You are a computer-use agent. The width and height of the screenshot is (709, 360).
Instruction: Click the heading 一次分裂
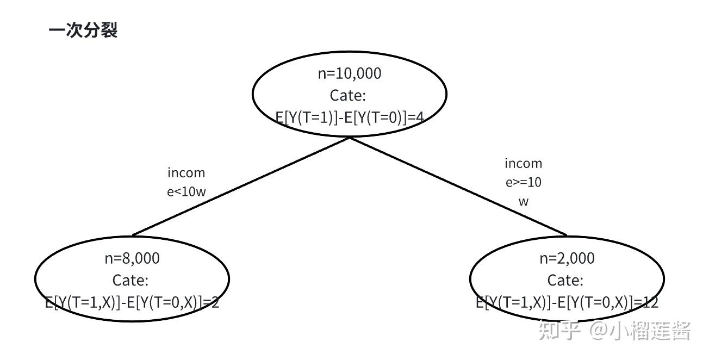coord(83,30)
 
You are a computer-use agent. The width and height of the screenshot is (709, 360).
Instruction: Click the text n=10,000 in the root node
coord(350,73)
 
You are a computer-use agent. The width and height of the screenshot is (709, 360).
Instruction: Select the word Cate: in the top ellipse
coord(348,96)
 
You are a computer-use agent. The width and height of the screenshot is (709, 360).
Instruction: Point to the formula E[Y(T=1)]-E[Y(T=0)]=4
coord(350,117)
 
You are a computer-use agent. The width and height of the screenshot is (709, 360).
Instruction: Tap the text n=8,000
coord(132,258)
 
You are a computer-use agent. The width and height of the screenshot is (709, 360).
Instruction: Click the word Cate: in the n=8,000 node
coord(130,280)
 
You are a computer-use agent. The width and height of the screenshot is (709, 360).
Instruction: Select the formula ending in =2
coord(132,302)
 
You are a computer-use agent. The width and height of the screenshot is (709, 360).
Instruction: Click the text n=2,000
coord(567,258)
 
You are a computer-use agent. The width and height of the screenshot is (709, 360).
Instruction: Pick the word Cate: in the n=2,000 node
coord(565,280)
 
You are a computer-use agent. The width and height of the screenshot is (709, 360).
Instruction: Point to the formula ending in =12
coord(567,302)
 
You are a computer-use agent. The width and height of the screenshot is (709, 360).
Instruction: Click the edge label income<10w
coord(186,182)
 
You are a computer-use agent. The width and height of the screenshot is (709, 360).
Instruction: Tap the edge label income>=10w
coord(524,182)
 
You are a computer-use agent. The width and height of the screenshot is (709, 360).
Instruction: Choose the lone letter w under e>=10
coord(524,201)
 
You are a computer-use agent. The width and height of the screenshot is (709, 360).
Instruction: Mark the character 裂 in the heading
coord(109,30)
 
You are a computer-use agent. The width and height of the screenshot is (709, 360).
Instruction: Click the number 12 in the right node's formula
coord(650,302)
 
